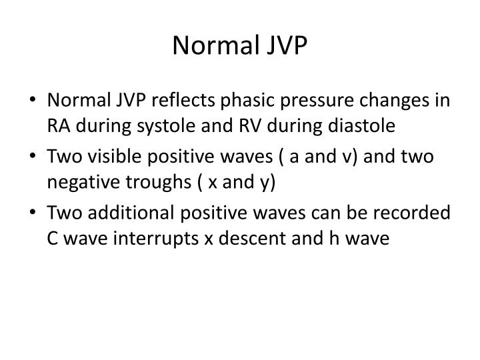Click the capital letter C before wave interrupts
53,237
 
